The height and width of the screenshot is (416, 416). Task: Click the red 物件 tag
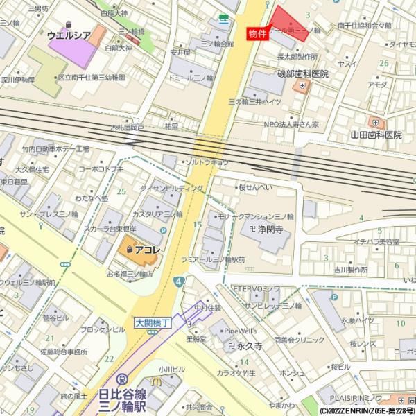(x=257, y=33)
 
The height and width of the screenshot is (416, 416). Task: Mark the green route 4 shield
(x=179, y=281)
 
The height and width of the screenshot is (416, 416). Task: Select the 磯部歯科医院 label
(x=303, y=73)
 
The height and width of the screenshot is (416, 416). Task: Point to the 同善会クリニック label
(x=299, y=340)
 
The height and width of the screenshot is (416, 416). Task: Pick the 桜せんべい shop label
(x=257, y=187)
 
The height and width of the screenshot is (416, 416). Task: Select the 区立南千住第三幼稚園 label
(x=92, y=77)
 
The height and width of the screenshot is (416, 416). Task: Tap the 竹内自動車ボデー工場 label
(x=55, y=149)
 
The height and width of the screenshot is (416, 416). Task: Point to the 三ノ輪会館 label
(x=217, y=43)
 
